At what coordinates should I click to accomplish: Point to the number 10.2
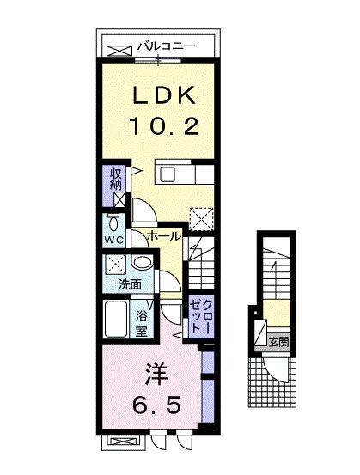[x=164, y=127]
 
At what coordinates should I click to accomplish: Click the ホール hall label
[x=163, y=235]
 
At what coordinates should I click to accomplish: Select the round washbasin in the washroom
[x=143, y=264]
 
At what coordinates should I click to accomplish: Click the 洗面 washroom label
[x=130, y=283]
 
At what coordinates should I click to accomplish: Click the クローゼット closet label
[x=198, y=316]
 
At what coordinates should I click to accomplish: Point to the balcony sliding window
[x=157, y=58]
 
